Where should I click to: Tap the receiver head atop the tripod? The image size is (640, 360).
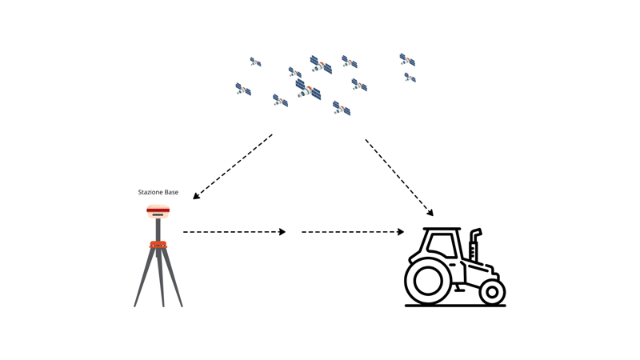tap(158, 211)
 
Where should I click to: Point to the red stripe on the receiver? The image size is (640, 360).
tap(158, 210)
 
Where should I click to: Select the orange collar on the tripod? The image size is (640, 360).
tap(158, 245)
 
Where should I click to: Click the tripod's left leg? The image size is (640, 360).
tap(145, 277)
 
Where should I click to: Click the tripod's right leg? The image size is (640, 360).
tap(173, 277)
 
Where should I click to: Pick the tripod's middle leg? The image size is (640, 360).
tap(161, 278)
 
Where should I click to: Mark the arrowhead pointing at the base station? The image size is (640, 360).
tap(196, 196)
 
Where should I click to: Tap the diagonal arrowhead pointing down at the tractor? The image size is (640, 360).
tap(430, 212)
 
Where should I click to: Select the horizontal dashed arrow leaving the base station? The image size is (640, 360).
tap(234, 232)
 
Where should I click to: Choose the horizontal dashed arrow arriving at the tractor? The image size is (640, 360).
tap(353, 232)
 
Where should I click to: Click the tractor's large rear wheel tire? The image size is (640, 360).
tap(428, 281)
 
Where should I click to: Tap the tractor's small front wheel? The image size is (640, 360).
tap(492, 292)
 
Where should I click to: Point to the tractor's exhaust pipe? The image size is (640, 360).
tap(474, 245)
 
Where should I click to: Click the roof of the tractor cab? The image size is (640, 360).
tap(442, 229)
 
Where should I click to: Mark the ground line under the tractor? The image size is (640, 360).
tap(455, 306)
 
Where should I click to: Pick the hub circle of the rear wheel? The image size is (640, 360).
tap(428, 281)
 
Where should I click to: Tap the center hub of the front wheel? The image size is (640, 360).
tap(492, 292)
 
